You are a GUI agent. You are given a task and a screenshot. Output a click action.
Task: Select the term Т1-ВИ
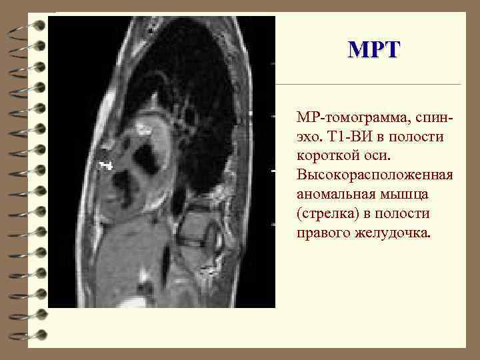click(350, 137)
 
